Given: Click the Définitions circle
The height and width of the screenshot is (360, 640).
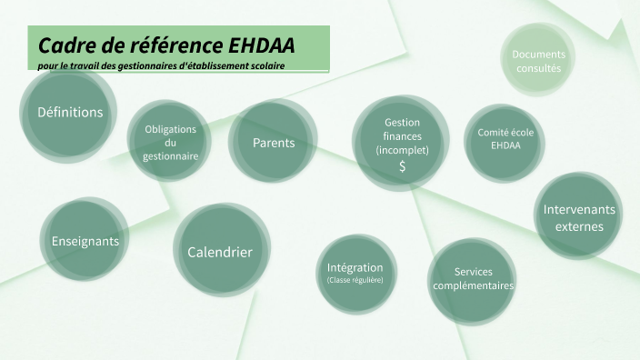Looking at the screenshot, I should [69, 114].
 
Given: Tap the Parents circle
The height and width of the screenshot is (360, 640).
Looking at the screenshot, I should [274, 143].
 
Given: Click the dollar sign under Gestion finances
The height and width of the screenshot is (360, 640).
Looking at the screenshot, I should [402, 166].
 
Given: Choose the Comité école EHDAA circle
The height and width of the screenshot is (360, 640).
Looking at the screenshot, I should [505, 139].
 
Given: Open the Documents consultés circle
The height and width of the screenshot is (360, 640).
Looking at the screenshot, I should [538, 62].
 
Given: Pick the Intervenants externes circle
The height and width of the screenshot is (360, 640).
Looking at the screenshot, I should [578, 217].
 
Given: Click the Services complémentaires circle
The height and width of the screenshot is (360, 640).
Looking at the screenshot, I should [473, 278].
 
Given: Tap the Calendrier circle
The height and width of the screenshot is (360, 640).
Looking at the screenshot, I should [219, 252].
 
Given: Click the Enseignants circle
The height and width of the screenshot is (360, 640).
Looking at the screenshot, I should [85, 241].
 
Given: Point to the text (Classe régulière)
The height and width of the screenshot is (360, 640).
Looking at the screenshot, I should [355, 281].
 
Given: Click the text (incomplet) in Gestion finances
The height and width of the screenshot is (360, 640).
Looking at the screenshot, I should [401, 150].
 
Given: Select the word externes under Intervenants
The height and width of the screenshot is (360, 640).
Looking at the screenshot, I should [578, 226].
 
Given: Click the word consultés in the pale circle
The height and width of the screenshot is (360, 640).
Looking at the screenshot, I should [538, 68].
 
